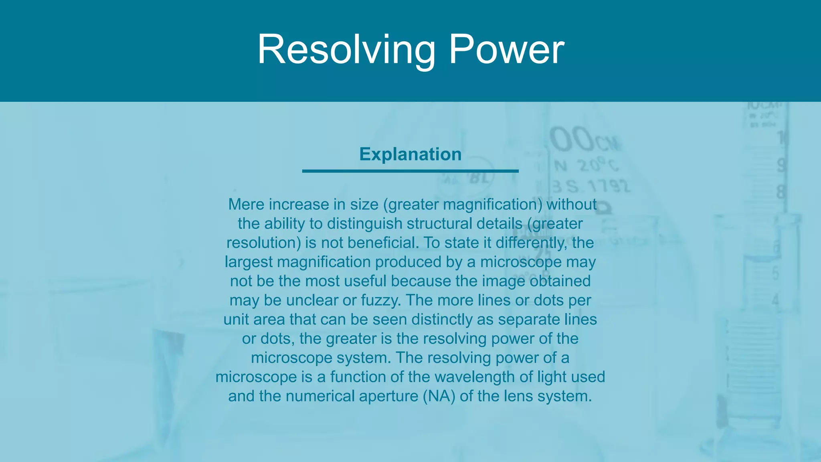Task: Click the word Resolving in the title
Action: pos(346,50)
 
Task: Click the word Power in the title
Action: pos(506,50)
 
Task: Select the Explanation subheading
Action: pos(410,154)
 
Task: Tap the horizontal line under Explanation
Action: pos(410,171)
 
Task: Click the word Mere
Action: pos(246,205)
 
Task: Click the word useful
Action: pos(365,281)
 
